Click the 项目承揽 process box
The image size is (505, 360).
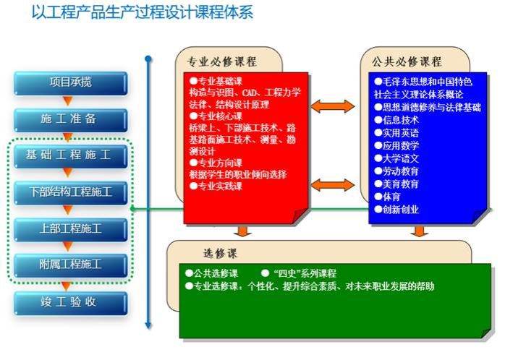coord(70,82)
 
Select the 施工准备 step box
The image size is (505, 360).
coord(70,119)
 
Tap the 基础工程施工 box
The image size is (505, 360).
coord(70,155)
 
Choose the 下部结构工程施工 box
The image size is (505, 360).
coord(70,192)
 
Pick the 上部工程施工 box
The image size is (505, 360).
coord(70,229)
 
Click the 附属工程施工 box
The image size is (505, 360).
coord(70,265)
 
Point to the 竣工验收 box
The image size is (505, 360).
coord(70,302)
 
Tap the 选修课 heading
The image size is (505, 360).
coord(220,254)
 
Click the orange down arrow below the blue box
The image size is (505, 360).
coord(418,231)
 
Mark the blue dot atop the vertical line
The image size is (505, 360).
coord(148,59)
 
